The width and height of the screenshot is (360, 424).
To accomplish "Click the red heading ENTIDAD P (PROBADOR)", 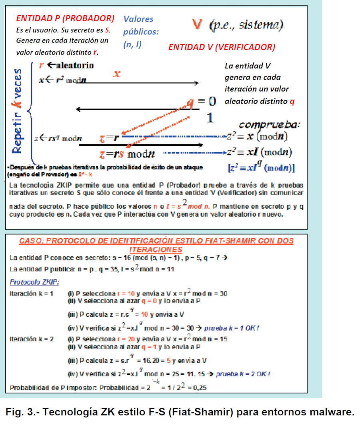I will pyautogui.click(x=65, y=18).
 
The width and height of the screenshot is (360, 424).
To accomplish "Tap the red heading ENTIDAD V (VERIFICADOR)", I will pyautogui.click(x=222, y=47).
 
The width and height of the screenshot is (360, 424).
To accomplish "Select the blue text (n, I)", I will pyautogui.click(x=132, y=45).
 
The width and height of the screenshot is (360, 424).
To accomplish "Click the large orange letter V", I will pyautogui.click(x=197, y=24).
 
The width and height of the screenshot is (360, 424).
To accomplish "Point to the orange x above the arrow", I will pyautogui.click(x=117, y=74).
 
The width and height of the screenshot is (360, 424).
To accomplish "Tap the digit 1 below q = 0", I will pyautogui.click(x=210, y=117).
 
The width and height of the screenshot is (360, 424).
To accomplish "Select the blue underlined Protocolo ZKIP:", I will pyautogui.click(x=35, y=282).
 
